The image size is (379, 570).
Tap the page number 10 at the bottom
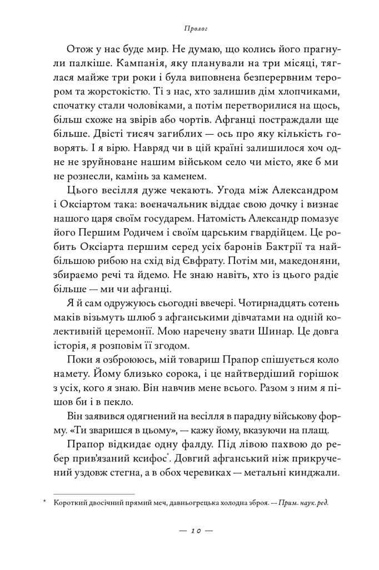[x=189, y=531]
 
